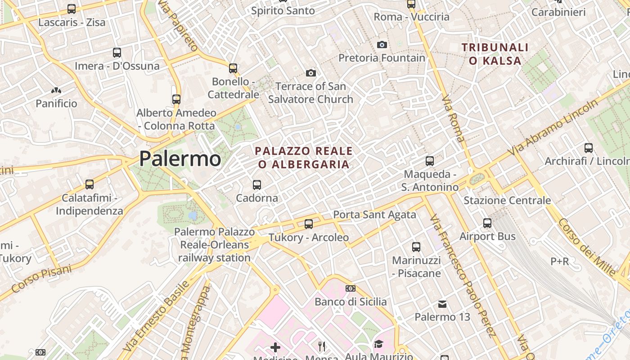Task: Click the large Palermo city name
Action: click(x=180, y=158)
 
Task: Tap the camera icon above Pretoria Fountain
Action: click(x=382, y=45)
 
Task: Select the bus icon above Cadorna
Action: click(x=257, y=184)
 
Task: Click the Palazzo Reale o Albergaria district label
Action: click(x=304, y=157)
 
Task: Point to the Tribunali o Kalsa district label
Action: click(x=495, y=54)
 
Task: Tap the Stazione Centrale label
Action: click(x=507, y=200)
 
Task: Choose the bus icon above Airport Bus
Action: click(x=487, y=223)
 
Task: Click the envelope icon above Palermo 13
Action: click(x=442, y=304)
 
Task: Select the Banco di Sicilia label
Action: click(x=351, y=301)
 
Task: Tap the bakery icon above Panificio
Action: click(x=56, y=90)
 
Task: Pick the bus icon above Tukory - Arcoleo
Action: click(x=309, y=224)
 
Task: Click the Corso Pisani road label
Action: click(x=41, y=279)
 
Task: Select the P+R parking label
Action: click(x=560, y=261)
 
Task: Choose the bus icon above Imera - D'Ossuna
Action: click(x=117, y=52)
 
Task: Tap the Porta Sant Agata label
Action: click(x=374, y=215)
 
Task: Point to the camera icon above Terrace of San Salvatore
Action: click(x=310, y=73)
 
